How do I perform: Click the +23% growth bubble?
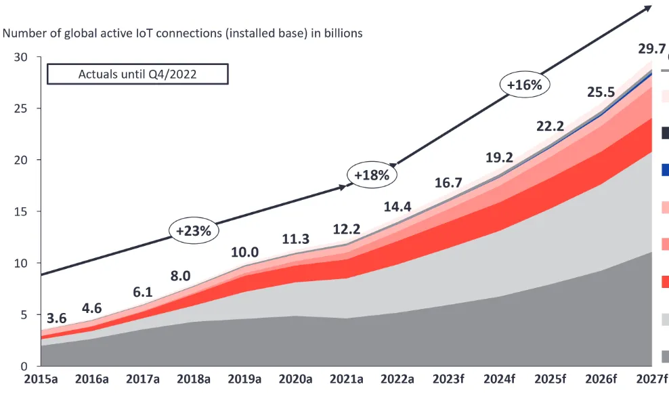pyautogui.click(x=194, y=230)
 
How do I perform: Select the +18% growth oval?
pyautogui.click(x=372, y=175)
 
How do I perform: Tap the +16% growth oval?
pyautogui.click(x=525, y=85)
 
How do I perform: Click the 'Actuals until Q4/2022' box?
pyautogui.click(x=137, y=74)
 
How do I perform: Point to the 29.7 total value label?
pyautogui.click(x=651, y=49)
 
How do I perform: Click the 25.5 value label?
pyautogui.click(x=601, y=91)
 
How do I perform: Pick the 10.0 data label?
pyautogui.click(x=244, y=252)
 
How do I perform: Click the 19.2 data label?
pyautogui.click(x=498, y=157)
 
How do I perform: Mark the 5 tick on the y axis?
pyautogui.click(x=23, y=314)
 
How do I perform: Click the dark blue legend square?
pyautogui.click(x=665, y=169)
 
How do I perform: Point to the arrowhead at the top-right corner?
pyautogui.click(x=647, y=7)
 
